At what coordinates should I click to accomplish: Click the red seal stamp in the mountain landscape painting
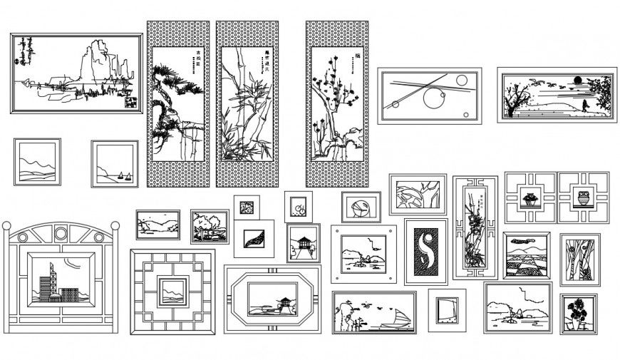pyautogui.click(x=130, y=102)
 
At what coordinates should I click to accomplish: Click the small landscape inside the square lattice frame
pyautogui.click(x=172, y=291)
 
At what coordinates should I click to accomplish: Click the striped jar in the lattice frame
pyautogui.click(x=584, y=197)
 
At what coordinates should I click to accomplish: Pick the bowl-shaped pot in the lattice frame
pyautogui.click(x=530, y=197)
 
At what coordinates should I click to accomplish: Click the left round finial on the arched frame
pyautogui.click(x=6, y=226)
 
